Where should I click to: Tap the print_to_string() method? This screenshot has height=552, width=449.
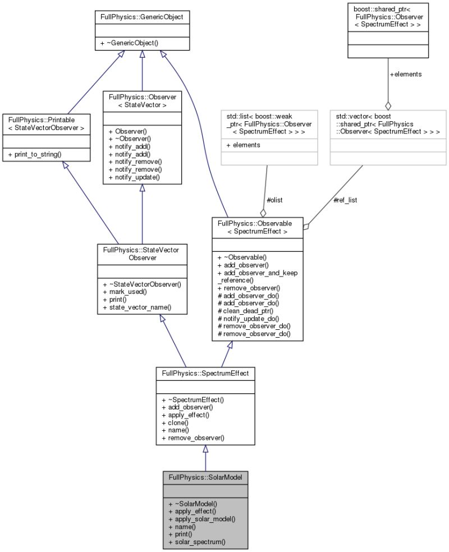[x=38, y=154]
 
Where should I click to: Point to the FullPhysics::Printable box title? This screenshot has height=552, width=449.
[x=47, y=123]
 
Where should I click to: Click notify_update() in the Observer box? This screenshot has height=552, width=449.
[x=138, y=177]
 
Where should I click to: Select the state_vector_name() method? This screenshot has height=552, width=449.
[x=137, y=308]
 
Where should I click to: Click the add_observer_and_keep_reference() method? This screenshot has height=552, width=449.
[x=256, y=276]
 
